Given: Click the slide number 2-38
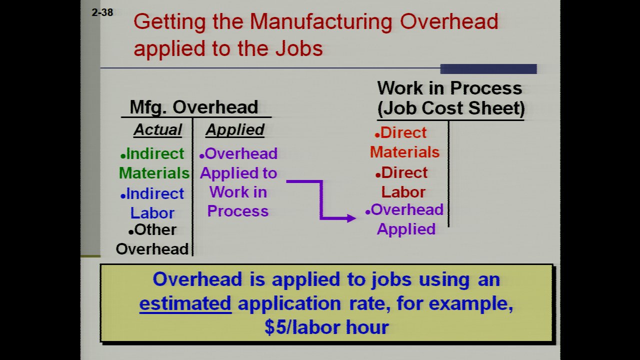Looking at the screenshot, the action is click(x=102, y=12).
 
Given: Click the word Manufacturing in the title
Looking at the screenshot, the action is click(x=321, y=21).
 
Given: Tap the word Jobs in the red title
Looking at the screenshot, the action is click(x=299, y=48).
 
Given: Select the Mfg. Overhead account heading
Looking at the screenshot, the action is click(x=193, y=107).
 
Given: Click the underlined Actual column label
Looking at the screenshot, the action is click(x=157, y=130).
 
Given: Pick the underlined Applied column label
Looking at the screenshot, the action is click(x=235, y=130).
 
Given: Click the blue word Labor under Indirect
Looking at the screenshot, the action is click(x=152, y=213).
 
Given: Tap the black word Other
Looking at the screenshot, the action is click(x=155, y=229).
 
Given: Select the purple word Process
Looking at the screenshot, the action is click(x=237, y=211).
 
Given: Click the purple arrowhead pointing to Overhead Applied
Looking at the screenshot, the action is click(x=351, y=218).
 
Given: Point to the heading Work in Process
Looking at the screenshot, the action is click(x=449, y=88).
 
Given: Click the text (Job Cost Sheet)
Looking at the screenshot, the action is click(x=451, y=108).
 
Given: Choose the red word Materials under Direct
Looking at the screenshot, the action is click(x=404, y=152).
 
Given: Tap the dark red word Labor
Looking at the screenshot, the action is click(x=403, y=192).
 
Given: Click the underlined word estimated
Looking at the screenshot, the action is click(x=185, y=303).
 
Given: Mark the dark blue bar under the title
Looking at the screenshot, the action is click(x=488, y=69).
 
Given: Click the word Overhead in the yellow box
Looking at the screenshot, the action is click(x=197, y=279).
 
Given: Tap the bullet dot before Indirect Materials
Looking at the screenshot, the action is click(x=123, y=156).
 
